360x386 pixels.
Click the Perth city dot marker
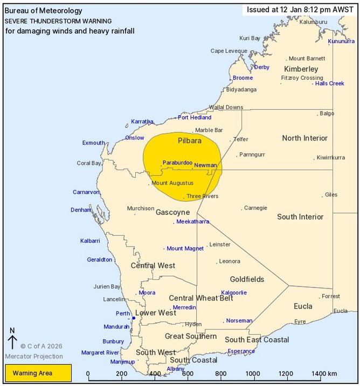133,318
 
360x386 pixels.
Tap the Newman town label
205,165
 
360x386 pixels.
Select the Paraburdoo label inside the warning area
177,162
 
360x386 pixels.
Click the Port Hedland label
195,117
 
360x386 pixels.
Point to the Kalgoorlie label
234,292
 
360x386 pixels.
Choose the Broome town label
243,78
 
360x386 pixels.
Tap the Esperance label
241,351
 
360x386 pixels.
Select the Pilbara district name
189,141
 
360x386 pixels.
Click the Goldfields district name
247,279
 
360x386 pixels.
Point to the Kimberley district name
301,69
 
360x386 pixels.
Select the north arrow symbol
12,339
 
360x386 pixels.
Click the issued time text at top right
300,9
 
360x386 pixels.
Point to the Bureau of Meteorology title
44,11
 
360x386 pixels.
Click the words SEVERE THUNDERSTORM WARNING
58,21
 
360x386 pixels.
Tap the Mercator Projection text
34,356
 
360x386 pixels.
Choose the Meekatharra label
192,221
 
